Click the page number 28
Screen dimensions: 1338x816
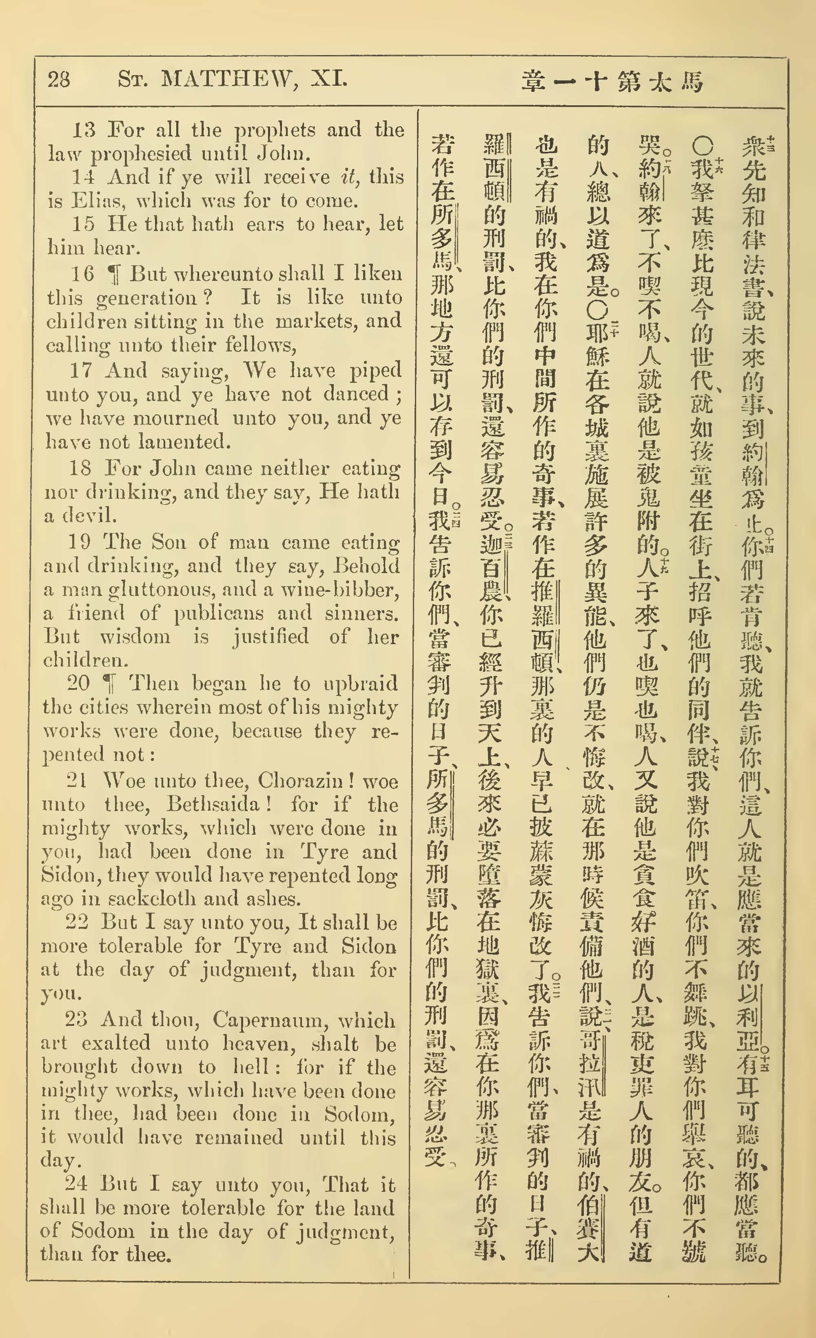pos(59,80)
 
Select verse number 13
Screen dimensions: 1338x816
pos(84,130)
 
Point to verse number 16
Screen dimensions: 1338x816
pos(82,273)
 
